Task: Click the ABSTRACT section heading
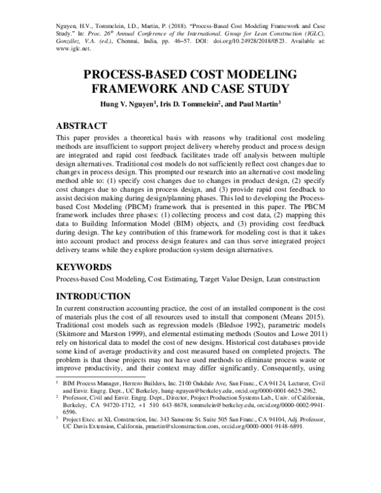pos(86,126)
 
